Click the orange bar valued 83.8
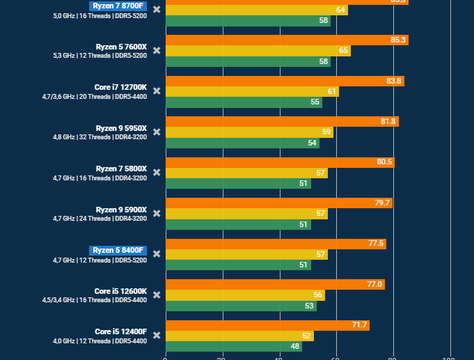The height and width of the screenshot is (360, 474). [x=285, y=81]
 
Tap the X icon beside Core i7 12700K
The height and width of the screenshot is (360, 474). [x=157, y=91]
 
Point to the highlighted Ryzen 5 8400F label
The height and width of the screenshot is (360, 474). [x=118, y=250]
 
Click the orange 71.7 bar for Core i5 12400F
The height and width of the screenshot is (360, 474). [x=267, y=325]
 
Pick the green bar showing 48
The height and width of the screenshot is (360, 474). [x=233, y=346]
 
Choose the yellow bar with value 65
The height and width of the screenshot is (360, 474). [x=258, y=51]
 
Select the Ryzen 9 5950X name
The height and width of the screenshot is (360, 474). [x=121, y=128]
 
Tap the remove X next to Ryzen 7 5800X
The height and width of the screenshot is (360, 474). [x=157, y=173]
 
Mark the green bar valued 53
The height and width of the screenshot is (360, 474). [x=241, y=306]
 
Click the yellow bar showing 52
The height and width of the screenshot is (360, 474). [x=239, y=336]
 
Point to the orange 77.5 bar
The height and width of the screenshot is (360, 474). [x=276, y=244]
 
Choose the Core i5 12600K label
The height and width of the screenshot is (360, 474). [x=120, y=291]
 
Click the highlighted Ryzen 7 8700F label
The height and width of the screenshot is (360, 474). [x=118, y=6]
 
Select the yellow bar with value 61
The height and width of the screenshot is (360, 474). [x=252, y=91]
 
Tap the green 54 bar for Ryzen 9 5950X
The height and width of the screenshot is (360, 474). [x=242, y=143]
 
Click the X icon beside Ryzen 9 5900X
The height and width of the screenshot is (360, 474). [x=157, y=213]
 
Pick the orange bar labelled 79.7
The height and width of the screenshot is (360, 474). [x=278, y=203]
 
